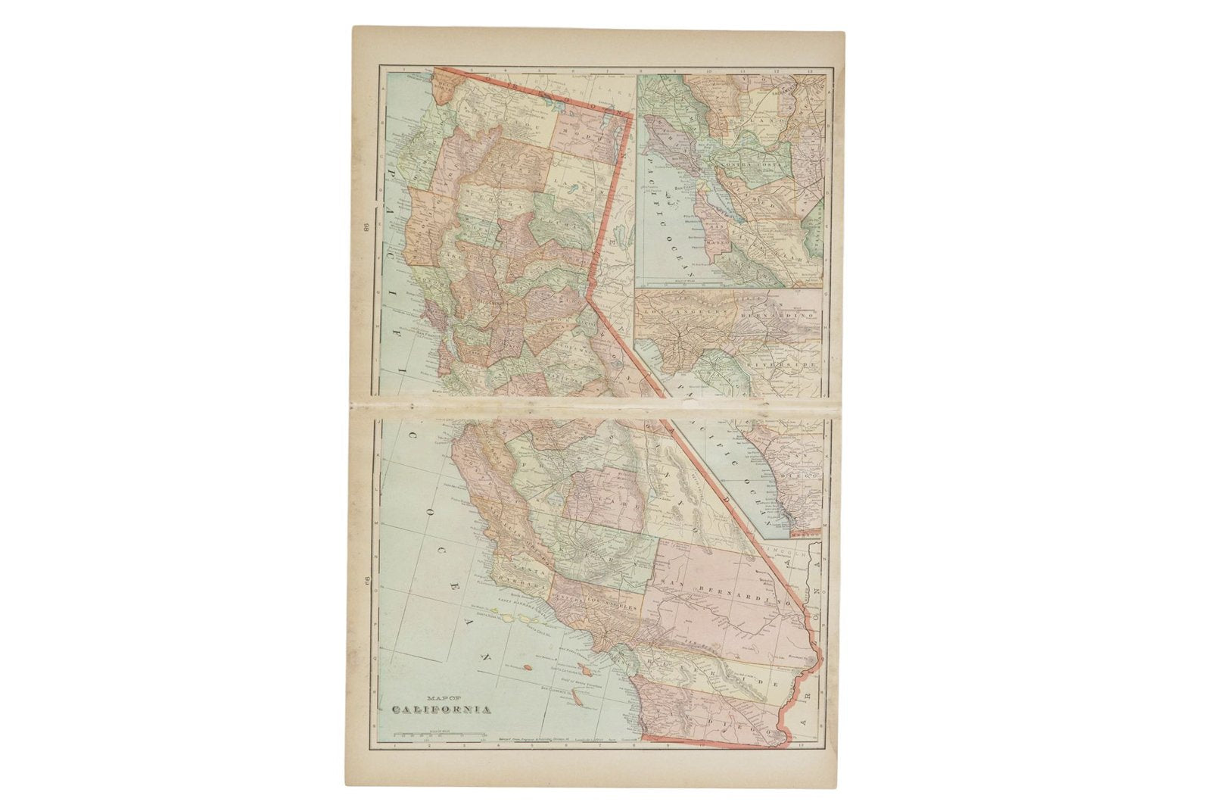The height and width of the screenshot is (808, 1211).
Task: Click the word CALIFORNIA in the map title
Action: (441, 710)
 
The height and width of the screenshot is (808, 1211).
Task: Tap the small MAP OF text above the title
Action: (441, 698)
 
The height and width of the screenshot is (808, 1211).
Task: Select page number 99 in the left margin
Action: (364, 583)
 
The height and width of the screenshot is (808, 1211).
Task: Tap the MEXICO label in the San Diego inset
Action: (805, 535)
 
